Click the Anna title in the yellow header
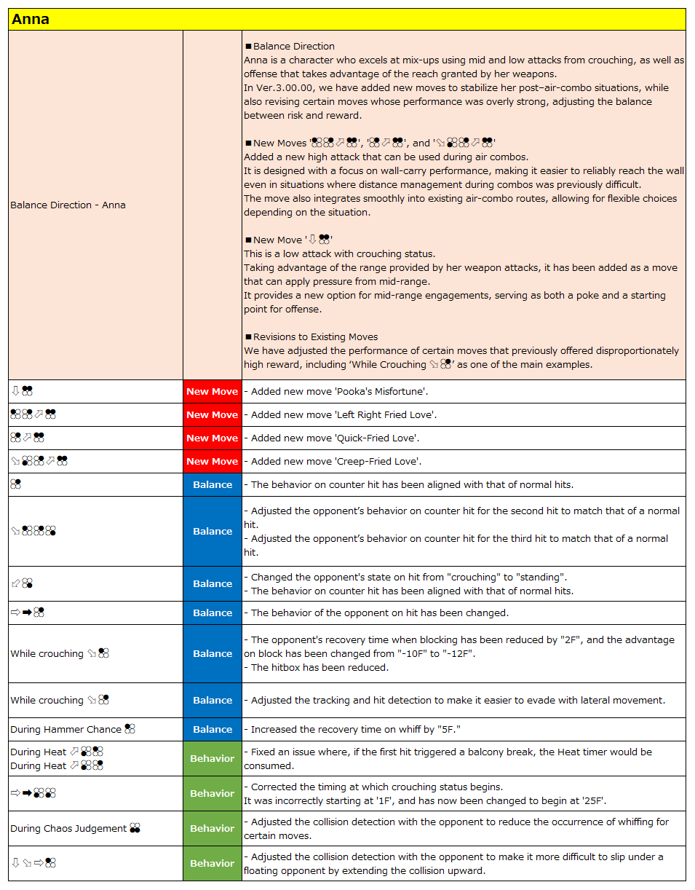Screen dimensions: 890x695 coord(31,20)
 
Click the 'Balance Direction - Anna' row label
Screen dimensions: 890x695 coord(68,205)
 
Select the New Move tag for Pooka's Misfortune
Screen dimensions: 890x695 coord(212,392)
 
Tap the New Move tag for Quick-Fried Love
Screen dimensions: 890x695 coord(212,438)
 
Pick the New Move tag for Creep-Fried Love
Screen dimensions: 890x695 coord(212,462)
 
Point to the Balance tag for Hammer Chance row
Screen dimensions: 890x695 coord(212,730)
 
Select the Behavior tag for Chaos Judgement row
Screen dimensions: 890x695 coord(212,829)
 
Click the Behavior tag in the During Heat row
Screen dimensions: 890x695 coord(212,759)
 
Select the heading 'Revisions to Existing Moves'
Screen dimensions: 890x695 coord(315,337)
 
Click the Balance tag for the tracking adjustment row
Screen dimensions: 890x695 coord(212,701)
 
